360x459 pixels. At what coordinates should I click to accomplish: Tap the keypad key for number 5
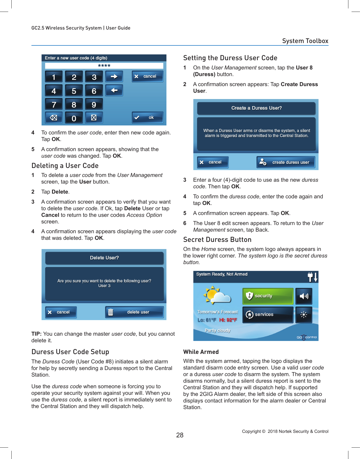click(x=74, y=91)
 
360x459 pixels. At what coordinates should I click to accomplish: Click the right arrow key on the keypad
click(x=114, y=77)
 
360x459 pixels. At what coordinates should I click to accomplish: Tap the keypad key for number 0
click(x=74, y=118)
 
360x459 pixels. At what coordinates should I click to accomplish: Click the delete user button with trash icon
click(x=134, y=312)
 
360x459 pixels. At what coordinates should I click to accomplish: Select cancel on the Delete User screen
click(x=61, y=312)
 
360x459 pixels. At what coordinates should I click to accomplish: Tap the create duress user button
click(x=286, y=162)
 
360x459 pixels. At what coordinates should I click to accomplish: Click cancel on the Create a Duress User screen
click(x=213, y=162)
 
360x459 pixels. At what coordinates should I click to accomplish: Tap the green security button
click(x=268, y=296)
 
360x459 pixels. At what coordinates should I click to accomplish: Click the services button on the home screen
click(x=268, y=315)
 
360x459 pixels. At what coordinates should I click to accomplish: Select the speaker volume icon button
click(x=304, y=296)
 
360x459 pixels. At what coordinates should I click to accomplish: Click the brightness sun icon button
click(x=304, y=315)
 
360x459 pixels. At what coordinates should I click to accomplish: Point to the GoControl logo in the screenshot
click(x=307, y=337)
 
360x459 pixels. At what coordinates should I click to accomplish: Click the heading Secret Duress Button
click(x=217, y=240)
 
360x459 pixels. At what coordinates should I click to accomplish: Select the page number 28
click(x=180, y=435)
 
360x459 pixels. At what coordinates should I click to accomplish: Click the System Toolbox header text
click(x=305, y=41)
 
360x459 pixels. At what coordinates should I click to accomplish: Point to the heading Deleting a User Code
click(x=65, y=166)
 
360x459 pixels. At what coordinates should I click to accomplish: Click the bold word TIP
click(x=36, y=334)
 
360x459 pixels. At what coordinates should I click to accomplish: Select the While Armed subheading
click(x=201, y=352)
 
